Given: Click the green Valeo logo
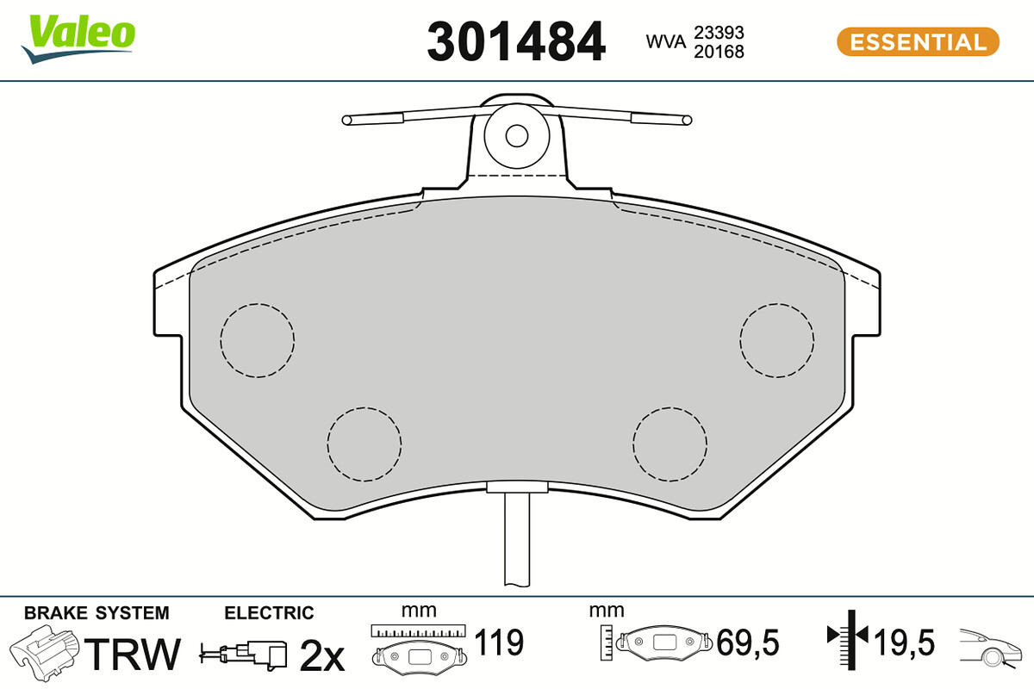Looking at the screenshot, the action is click(x=78, y=39).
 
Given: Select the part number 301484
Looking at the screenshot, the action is click(x=516, y=41).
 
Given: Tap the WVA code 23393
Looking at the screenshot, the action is click(x=719, y=33).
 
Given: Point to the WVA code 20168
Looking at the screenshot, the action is click(x=719, y=52).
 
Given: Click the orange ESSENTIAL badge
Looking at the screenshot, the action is click(x=919, y=42).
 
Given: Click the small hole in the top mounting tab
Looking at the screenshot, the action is click(x=516, y=136).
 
